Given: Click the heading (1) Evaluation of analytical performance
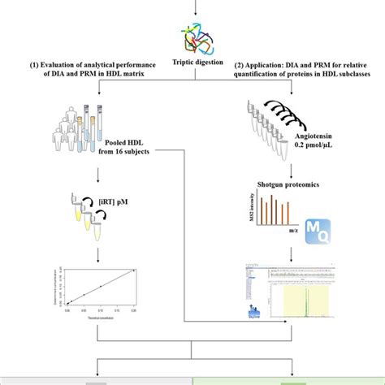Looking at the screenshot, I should [x=97, y=73].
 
